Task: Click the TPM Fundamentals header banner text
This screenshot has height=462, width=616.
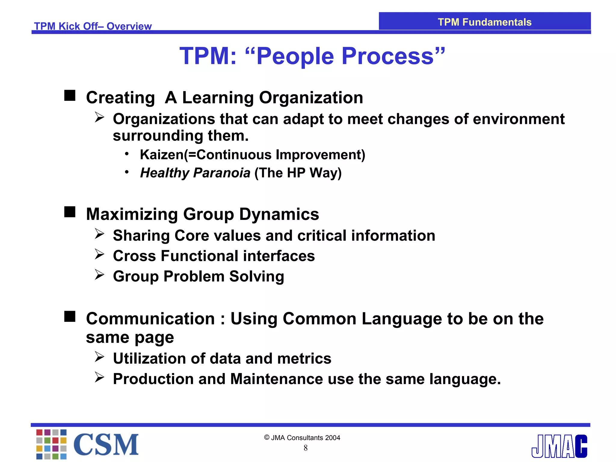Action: pos(484,22)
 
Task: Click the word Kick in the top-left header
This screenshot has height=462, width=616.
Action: pos(70,26)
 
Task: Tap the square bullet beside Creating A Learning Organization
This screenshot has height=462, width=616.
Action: pos(70,96)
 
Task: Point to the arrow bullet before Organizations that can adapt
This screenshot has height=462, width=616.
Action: pos(100,117)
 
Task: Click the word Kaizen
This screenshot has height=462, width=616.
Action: pos(162,155)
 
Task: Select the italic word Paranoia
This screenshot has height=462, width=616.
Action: pos(222,173)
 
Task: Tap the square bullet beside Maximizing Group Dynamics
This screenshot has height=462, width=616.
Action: pos(70,212)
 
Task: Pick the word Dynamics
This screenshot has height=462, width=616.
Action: pos(279,214)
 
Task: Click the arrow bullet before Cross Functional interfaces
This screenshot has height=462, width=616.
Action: pos(100,254)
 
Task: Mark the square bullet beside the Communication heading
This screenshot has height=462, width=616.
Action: pos(70,316)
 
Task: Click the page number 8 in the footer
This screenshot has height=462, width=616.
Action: pos(306,448)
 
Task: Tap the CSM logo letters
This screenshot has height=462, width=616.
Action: pos(106,445)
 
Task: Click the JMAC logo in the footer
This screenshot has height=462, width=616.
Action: pos(559,446)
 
